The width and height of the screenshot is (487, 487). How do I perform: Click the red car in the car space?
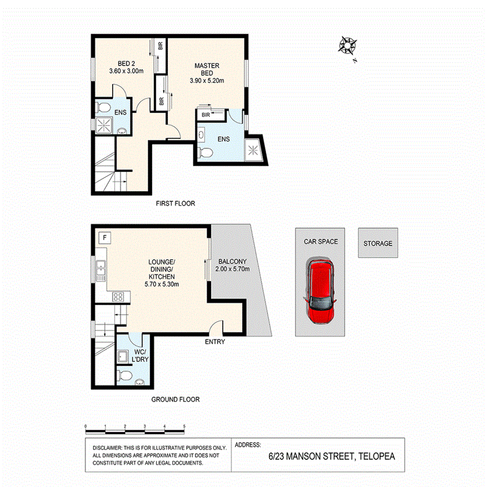pyautogui.click(x=320, y=291)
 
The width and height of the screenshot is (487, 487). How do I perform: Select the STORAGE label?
pyautogui.click(x=378, y=243)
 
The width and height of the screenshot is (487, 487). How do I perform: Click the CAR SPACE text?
pyautogui.click(x=320, y=241)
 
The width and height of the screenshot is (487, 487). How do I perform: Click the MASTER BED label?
pyautogui.click(x=207, y=69)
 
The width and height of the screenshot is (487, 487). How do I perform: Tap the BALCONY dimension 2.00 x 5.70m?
pyautogui.click(x=232, y=269)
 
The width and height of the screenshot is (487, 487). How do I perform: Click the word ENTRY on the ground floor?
pyautogui.click(x=215, y=342)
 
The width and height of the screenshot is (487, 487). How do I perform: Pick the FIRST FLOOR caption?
pyautogui.click(x=175, y=203)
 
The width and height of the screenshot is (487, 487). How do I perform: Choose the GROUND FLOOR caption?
pyautogui.click(x=175, y=399)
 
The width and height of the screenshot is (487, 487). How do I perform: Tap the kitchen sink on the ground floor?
pyautogui.click(x=101, y=269)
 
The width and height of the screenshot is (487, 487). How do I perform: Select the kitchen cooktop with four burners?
pyautogui.click(x=118, y=297)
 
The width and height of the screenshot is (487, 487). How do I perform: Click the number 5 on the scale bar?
pyautogui.click(x=185, y=426)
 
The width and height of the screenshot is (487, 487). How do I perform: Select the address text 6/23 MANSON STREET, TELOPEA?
pyautogui.click(x=332, y=456)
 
